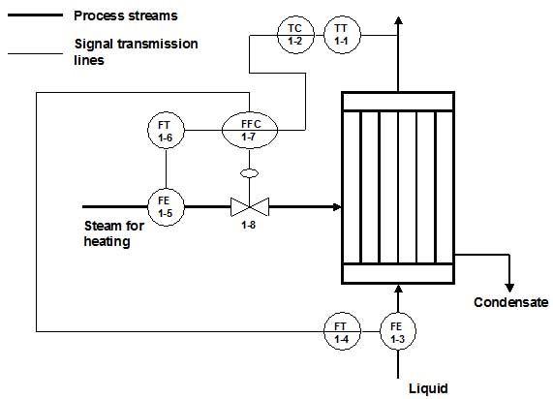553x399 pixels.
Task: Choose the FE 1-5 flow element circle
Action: coord(165,205)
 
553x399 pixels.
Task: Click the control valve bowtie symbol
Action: coord(249,206)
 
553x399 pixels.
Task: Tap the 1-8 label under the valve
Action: coord(249,230)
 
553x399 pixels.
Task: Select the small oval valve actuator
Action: coord(249,174)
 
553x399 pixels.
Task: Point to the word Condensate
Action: coord(510,302)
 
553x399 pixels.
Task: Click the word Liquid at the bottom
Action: coord(428,388)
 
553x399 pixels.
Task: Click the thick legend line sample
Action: coord(35,16)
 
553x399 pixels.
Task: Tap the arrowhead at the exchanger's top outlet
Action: coord(396,11)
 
